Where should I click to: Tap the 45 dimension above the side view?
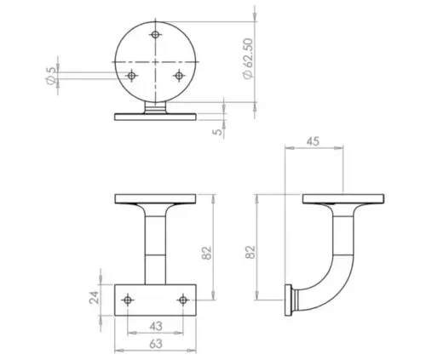click(x=315, y=142)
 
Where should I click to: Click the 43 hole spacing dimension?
click(x=155, y=327)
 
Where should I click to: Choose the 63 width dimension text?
click(x=155, y=344)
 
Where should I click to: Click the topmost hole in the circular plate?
click(x=155, y=34)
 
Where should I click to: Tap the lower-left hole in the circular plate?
click(x=132, y=76)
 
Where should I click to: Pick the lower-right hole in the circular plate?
click(x=179, y=76)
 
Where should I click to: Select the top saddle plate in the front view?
click(x=155, y=201)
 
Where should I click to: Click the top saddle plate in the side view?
click(x=343, y=201)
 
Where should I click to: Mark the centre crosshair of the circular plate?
click(x=155, y=61)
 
